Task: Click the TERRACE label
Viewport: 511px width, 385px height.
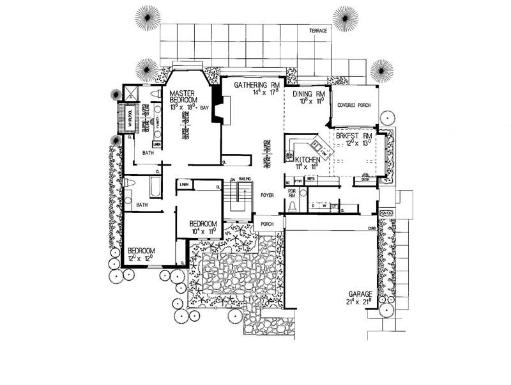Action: click(x=317, y=31)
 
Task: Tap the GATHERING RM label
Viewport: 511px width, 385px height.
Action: click(x=254, y=85)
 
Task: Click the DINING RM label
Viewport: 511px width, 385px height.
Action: click(x=309, y=94)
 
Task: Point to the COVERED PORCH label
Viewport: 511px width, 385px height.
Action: click(x=354, y=104)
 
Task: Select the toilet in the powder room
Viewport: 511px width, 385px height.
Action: click(x=293, y=205)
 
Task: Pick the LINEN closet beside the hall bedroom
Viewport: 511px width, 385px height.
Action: click(x=185, y=185)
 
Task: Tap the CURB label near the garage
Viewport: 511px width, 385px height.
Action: click(x=370, y=228)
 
